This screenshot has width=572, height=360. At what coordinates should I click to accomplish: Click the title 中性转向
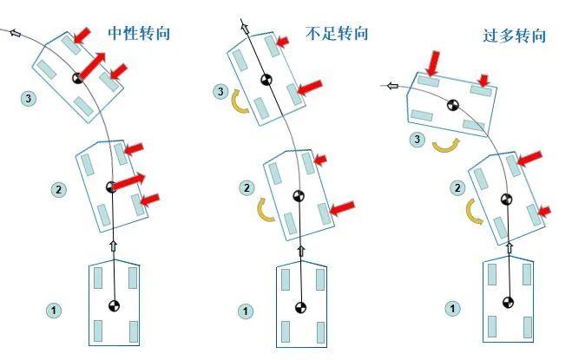[x=138, y=34]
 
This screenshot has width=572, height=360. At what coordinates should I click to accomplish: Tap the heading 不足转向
[x=338, y=34]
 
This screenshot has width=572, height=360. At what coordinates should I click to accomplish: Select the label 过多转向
[x=515, y=36]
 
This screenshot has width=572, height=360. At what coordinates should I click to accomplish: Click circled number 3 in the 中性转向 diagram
[x=29, y=99]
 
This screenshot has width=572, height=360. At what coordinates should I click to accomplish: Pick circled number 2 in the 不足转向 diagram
[x=247, y=187]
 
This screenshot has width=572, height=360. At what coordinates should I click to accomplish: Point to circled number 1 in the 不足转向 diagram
[x=247, y=310]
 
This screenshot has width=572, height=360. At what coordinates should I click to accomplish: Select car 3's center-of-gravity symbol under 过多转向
[x=451, y=106]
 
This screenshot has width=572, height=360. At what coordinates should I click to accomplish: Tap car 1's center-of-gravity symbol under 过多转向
[x=509, y=302]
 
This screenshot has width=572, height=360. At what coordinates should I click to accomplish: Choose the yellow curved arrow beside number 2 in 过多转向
[x=474, y=212]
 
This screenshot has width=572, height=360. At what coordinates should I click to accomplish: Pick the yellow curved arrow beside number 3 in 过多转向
[x=444, y=144]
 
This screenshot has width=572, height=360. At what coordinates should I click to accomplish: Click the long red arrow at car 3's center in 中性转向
[x=94, y=66]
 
